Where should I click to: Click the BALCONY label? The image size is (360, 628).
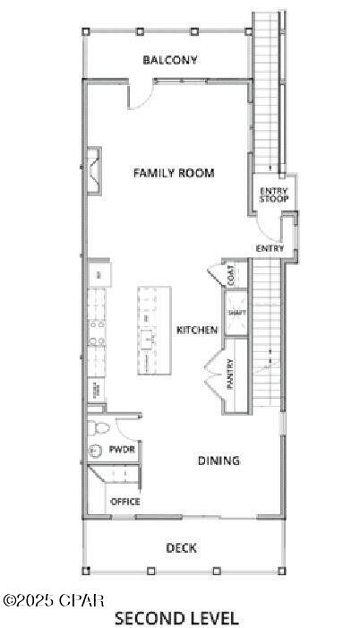(170, 61)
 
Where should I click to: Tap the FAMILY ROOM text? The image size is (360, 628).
(174, 173)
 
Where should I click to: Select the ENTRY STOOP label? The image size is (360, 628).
(273, 194)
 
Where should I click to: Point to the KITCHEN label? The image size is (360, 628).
(197, 331)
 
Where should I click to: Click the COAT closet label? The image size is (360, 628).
(231, 277)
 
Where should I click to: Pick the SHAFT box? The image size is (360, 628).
(236, 314)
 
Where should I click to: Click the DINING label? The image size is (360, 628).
(219, 460)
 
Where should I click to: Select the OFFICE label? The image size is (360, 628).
(124, 502)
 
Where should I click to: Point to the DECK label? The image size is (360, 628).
(181, 548)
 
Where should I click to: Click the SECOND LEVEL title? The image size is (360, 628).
(176, 618)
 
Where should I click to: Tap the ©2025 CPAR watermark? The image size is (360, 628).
(54, 599)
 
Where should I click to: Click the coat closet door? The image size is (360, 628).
(215, 274)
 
